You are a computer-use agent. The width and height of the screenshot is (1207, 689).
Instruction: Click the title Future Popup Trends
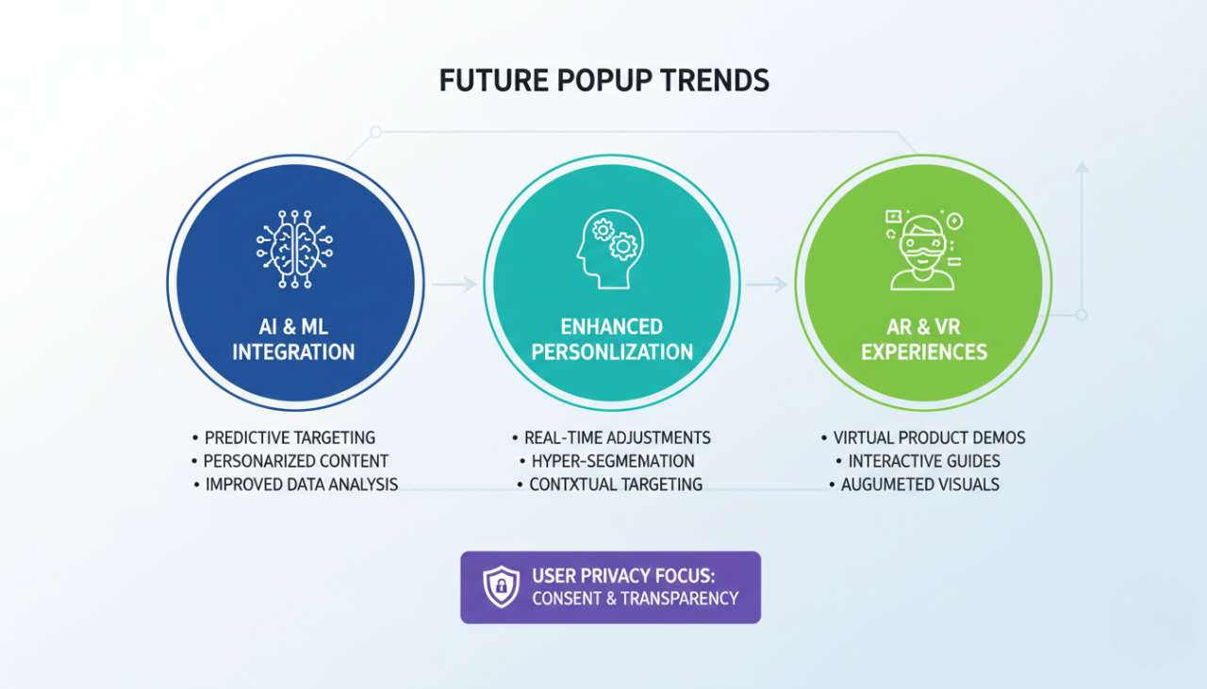(604, 81)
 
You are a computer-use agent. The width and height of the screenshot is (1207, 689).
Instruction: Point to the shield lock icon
(501, 586)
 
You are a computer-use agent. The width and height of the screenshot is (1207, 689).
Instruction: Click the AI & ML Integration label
(294, 339)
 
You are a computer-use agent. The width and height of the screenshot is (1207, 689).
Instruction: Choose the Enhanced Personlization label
(612, 339)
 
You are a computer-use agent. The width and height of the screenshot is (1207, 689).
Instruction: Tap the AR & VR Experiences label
(924, 339)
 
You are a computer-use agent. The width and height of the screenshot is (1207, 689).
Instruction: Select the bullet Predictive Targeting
(289, 437)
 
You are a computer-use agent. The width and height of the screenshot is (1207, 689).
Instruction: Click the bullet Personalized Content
(296, 461)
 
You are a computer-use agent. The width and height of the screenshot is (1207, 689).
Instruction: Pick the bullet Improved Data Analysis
(301, 484)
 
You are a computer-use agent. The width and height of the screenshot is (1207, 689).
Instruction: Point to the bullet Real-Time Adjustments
(620, 437)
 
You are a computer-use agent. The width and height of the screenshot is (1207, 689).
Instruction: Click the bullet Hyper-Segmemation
(613, 461)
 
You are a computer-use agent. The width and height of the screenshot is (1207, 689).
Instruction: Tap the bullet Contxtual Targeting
(616, 484)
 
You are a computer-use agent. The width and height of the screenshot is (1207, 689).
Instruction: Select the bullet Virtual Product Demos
(929, 437)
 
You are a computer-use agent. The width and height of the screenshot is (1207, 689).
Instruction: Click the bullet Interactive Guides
(924, 461)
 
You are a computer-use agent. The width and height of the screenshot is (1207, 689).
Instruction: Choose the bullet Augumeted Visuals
(920, 484)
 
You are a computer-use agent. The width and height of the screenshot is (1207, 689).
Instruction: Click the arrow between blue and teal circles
(455, 284)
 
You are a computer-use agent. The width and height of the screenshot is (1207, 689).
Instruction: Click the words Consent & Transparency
(635, 599)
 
